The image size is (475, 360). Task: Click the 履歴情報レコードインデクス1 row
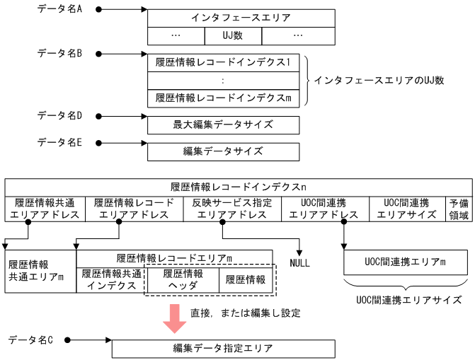(x=224, y=62)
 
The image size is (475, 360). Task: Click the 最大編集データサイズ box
(x=224, y=125)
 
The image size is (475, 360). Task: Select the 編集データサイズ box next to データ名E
(x=224, y=151)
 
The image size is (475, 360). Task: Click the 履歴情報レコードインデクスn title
(x=238, y=187)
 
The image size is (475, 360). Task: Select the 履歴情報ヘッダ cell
(x=182, y=279)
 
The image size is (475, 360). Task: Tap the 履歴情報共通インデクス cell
(x=109, y=279)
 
